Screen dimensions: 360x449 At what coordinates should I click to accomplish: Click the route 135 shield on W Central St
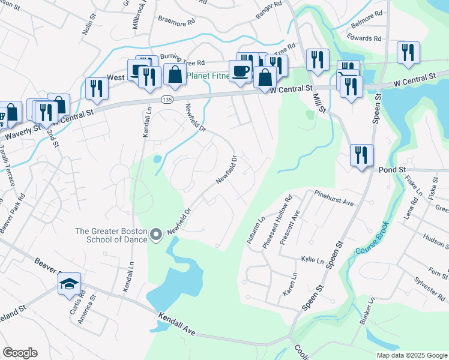[164, 100]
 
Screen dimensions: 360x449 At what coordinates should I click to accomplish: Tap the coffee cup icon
[240, 71]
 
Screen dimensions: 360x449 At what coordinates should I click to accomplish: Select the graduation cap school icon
[69, 283]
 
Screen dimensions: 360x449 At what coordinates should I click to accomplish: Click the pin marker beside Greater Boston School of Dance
[156, 235]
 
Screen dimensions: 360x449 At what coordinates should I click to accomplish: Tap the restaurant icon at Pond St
[362, 155]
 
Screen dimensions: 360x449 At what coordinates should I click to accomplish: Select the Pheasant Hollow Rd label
[277, 222]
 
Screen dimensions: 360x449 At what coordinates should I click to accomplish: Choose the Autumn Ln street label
[255, 230]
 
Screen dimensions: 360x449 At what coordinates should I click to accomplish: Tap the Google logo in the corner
[20, 353]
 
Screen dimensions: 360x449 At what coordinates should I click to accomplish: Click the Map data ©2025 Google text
[411, 355]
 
